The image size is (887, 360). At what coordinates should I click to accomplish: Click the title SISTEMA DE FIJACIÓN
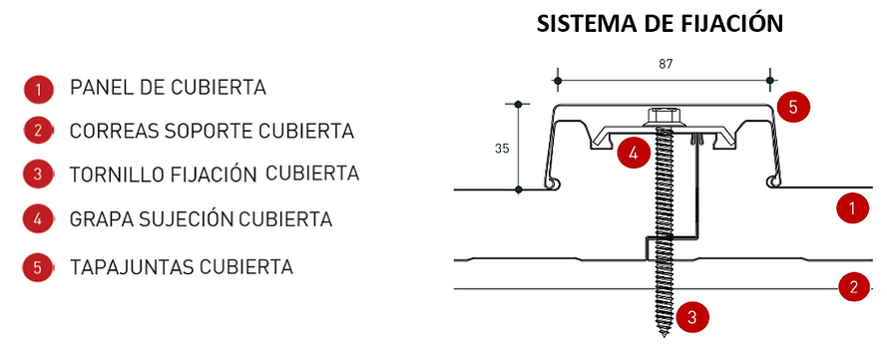tap(660, 24)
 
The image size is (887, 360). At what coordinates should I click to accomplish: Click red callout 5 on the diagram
tap(792, 107)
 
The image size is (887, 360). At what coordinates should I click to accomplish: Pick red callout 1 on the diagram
tap(851, 208)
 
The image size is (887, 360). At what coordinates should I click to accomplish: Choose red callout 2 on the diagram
tap(851, 288)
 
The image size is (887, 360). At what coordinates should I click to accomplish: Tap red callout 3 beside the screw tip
tap(692, 318)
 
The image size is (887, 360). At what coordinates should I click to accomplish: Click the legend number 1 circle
tap(37, 89)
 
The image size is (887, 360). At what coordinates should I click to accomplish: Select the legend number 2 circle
tap(37, 131)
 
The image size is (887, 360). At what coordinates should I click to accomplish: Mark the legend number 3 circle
tap(37, 174)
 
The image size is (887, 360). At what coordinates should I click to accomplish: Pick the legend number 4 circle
tap(37, 217)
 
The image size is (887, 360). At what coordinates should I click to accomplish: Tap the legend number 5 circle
tap(37, 267)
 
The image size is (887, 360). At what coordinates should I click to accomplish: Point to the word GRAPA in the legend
tap(99, 217)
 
